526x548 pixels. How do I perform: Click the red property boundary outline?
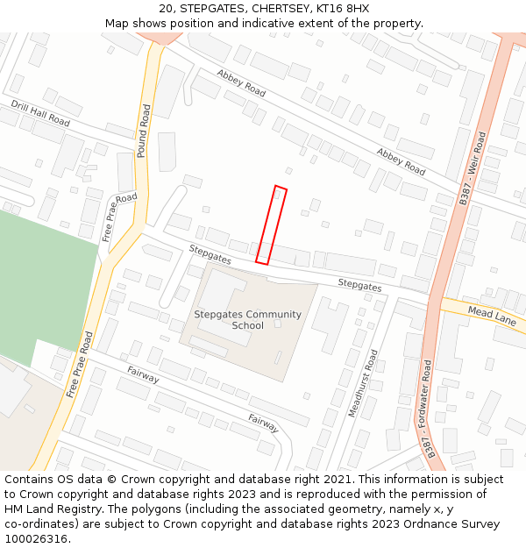[271, 224]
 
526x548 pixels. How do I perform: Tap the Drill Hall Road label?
[40, 113]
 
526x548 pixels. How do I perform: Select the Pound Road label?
[143, 132]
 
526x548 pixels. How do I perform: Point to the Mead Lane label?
[492, 316]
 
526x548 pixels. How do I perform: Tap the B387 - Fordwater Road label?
[428, 408]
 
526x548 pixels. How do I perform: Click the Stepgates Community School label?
[247, 320]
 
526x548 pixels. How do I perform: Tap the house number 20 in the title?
[167, 9]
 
